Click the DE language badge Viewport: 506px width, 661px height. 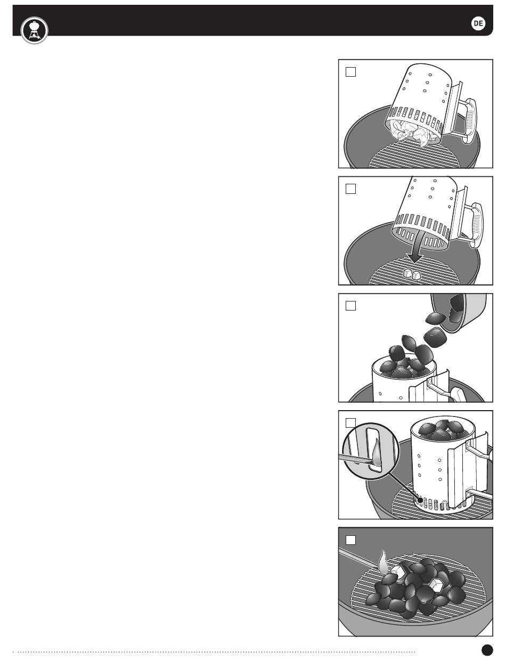click(x=478, y=23)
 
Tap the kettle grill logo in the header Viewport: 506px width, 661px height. click(x=35, y=30)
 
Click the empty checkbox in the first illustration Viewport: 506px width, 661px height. click(x=350, y=72)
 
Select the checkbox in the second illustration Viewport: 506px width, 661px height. click(x=350, y=189)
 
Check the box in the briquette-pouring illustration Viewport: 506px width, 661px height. click(x=350, y=306)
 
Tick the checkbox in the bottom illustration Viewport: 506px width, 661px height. click(x=350, y=540)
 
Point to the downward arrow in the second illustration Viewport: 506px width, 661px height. click(x=415, y=247)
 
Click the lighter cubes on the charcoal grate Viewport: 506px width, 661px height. click(x=411, y=274)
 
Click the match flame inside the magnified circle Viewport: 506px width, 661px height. click(x=377, y=453)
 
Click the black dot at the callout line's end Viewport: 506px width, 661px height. click(x=420, y=500)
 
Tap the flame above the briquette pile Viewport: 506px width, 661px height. click(x=383, y=561)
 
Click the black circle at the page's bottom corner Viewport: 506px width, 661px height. click(x=487, y=649)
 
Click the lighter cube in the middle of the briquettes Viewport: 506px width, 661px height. click(x=436, y=585)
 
